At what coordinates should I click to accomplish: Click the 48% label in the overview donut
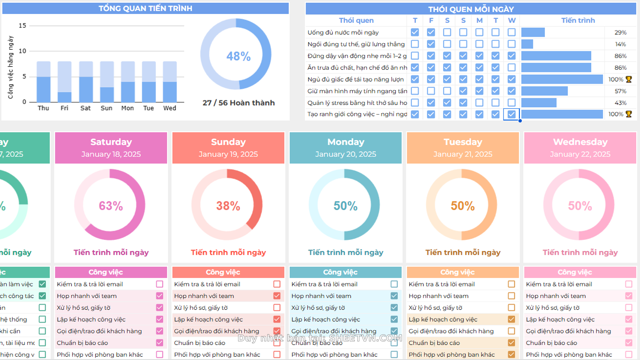point(238,56)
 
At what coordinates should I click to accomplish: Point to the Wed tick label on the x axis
point(169,108)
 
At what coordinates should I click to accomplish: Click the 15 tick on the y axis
point(22,26)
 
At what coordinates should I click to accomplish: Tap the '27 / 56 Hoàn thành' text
point(239,103)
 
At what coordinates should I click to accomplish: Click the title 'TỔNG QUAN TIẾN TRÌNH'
point(145,8)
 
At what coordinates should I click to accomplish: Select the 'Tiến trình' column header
point(578,20)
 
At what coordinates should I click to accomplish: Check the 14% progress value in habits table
point(620,44)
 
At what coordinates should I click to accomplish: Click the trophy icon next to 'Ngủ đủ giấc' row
point(629,79)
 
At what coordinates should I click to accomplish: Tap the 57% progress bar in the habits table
point(544,91)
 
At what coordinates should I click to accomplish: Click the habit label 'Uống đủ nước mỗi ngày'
point(343,32)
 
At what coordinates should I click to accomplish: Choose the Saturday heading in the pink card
point(111,142)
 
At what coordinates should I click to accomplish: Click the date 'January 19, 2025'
point(228,154)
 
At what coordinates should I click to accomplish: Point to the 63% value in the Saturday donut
point(111,206)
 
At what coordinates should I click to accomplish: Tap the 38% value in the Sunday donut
point(228,206)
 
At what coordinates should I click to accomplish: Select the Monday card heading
point(346,142)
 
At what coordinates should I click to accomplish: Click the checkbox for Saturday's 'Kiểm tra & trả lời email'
point(160,284)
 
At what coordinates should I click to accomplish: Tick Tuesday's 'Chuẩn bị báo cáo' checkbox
point(511,343)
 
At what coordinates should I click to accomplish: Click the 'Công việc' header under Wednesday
point(575,272)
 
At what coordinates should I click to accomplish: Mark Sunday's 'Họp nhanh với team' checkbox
point(277,296)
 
